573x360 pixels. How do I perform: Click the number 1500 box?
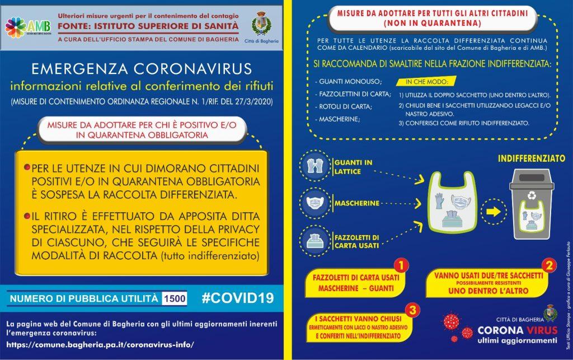coord(174,298)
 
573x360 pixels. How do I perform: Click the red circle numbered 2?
coord(549,264)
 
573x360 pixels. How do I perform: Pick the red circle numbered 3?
coord(411,310)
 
